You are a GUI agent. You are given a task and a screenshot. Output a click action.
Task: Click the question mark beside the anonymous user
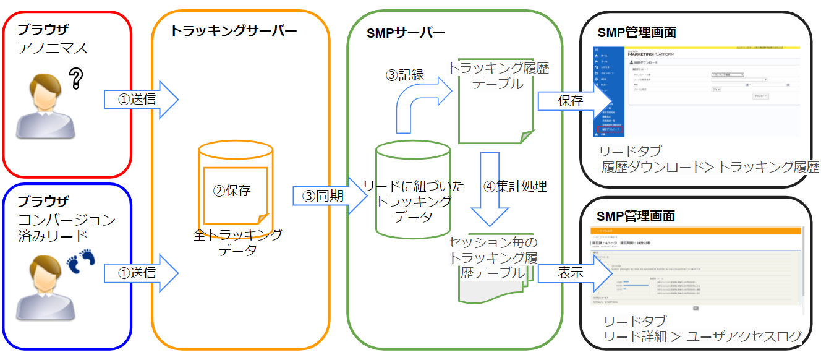pyautogui.click(x=76, y=79)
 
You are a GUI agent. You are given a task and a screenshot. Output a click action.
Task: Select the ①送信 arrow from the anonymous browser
pyautogui.click(x=141, y=99)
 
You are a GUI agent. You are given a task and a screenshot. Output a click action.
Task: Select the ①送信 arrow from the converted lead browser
pyautogui.click(x=141, y=272)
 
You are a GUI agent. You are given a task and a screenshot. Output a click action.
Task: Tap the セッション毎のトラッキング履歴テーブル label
pyautogui.click(x=493, y=257)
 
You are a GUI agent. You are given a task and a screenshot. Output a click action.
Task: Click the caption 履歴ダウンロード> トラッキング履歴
pyautogui.click(x=710, y=166)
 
